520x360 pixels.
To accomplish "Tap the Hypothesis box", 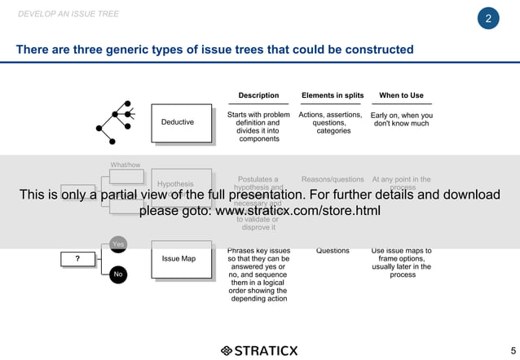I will click(176, 185).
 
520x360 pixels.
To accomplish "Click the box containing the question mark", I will click(77, 259).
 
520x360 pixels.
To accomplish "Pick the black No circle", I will click(118, 274).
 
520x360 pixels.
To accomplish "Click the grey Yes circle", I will click(118, 244).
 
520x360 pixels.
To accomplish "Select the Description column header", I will click(258, 95).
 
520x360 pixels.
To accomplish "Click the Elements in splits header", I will click(333, 95).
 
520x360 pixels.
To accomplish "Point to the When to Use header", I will click(401, 95).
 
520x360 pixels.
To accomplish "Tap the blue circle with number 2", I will click(487, 19).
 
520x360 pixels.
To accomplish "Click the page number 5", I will click(512, 351).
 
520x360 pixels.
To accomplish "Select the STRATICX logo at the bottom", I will click(259, 351).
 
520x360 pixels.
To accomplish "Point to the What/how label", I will click(126, 165).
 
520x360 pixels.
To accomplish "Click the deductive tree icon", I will click(116, 119).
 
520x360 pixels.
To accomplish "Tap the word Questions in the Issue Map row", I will click(333, 251).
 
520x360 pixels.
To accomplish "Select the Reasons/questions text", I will click(333, 179).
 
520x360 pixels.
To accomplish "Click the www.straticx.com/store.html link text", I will click(297, 211).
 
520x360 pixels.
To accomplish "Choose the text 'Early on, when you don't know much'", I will click(401, 120).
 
